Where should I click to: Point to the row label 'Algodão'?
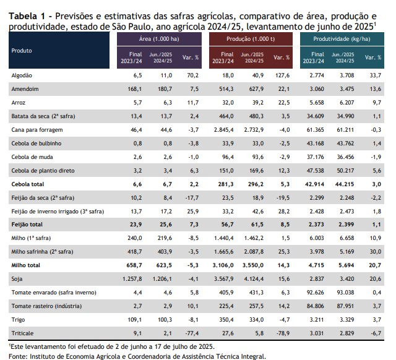(x=22, y=75)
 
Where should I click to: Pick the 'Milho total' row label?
(x=27, y=264)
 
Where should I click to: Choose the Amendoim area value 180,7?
(x=163, y=88)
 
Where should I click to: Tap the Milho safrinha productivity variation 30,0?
(x=373, y=251)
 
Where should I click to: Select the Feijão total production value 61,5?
(x=255, y=223)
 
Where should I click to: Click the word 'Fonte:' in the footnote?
(x=19, y=356)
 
